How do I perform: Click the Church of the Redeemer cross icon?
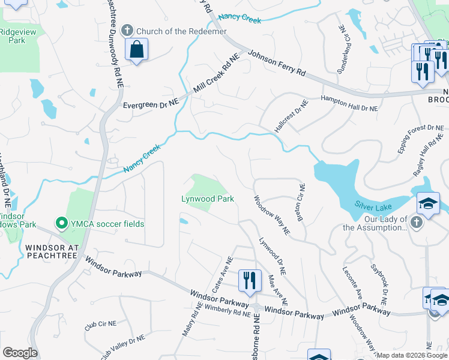(127, 31)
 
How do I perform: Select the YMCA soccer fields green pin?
(61, 224)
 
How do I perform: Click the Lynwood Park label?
(208, 199)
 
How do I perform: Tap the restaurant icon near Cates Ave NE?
(249, 280)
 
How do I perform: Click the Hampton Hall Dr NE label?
(349, 104)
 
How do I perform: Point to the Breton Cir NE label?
(300, 203)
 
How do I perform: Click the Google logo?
(20, 353)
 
